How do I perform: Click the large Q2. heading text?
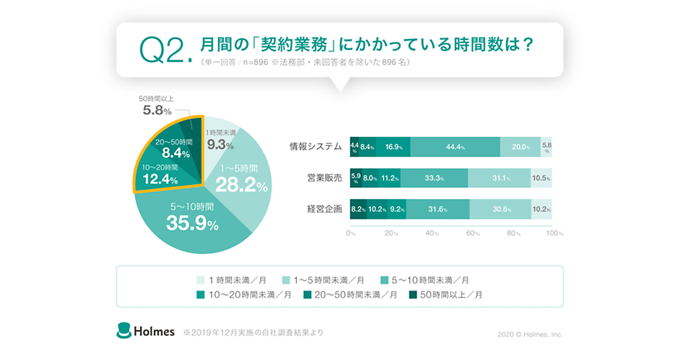tap(165, 51)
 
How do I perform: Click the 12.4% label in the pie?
tap(161, 179)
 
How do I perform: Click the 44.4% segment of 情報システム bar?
tap(455, 147)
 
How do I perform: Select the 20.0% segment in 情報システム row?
tap(520, 147)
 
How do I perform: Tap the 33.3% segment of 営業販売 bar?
tap(434, 178)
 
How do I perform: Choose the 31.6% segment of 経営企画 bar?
tap(437, 209)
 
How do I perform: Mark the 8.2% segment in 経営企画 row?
tap(358, 209)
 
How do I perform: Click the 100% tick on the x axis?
tap(553, 234)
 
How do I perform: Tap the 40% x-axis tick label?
tap(432, 234)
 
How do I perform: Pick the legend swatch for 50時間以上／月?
tap(413, 295)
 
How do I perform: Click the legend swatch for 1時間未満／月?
tap(200, 280)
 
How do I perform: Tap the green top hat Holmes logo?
tap(124, 330)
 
